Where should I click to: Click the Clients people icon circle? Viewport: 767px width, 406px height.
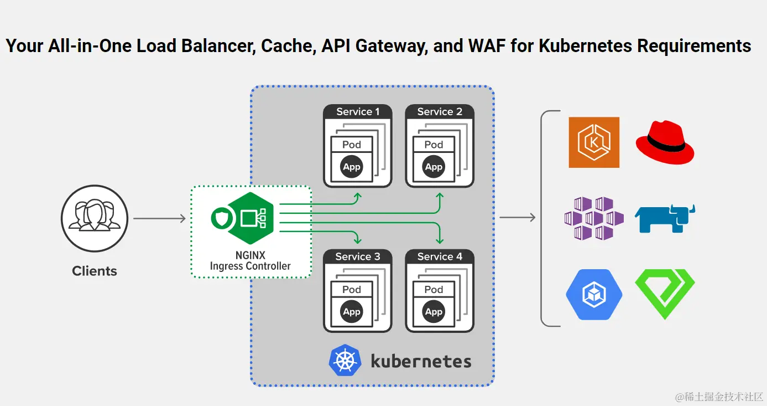pyautogui.click(x=95, y=218)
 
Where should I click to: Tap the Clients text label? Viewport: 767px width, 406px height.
pyautogui.click(x=95, y=271)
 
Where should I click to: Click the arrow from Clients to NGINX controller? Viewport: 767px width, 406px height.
pyautogui.click(x=160, y=218)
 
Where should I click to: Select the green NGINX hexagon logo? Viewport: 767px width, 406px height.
pyautogui.click(x=251, y=218)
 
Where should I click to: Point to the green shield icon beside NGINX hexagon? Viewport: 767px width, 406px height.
pyautogui.click(x=222, y=218)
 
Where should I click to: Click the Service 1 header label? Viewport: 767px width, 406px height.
pyautogui.click(x=358, y=111)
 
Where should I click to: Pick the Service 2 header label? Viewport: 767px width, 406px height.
pyautogui.click(x=440, y=111)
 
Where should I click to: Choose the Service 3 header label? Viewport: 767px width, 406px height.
pyautogui.click(x=358, y=256)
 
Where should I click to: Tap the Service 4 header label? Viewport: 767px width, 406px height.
pyautogui.click(x=440, y=256)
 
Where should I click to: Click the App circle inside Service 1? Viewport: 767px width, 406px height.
pyautogui.click(x=352, y=167)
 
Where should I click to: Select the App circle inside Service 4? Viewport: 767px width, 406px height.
pyautogui.click(x=434, y=312)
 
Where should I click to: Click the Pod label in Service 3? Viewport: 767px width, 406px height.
pyautogui.click(x=352, y=290)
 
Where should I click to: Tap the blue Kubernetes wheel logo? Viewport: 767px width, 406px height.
pyautogui.click(x=345, y=360)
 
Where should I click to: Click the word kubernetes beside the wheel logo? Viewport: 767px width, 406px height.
pyautogui.click(x=421, y=361)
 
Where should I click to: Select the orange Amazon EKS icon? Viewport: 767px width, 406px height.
pyautogui.click(x=594, y=142)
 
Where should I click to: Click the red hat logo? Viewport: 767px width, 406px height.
pyautogui.click(x=665, y=142)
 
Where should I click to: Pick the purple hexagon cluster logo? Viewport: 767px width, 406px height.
pyautogui.click(x=594, y=218)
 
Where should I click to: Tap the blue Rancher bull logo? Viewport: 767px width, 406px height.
pyautogui.click(x=665, y=218)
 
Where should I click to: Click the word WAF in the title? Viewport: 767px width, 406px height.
pyautogui.click(x=487, y=45)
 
